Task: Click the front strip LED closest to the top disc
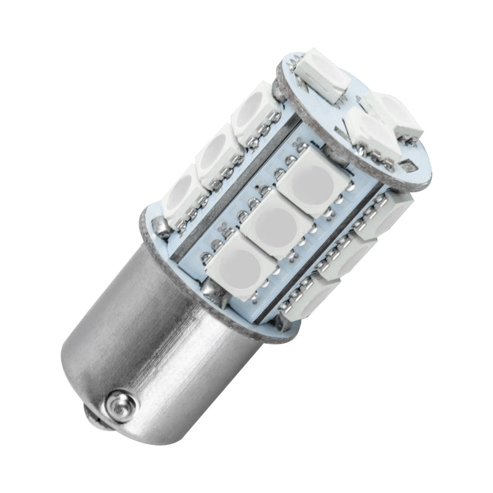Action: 311,181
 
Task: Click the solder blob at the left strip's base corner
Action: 161,229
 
